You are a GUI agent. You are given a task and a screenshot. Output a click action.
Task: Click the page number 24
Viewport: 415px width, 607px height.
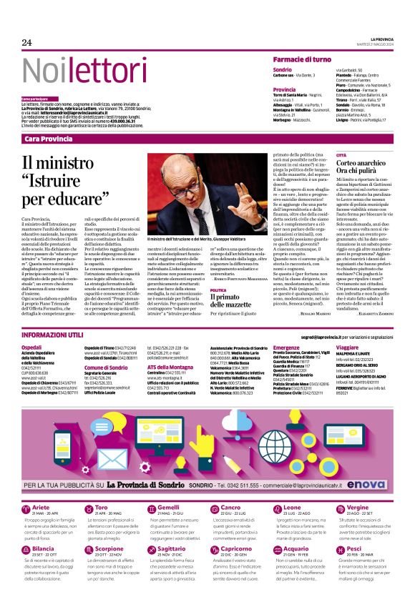pyautogui.click(x=26, y=43)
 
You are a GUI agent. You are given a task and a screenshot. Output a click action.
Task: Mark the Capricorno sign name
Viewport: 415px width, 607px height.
pyautogui.click(x=238, y=549)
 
